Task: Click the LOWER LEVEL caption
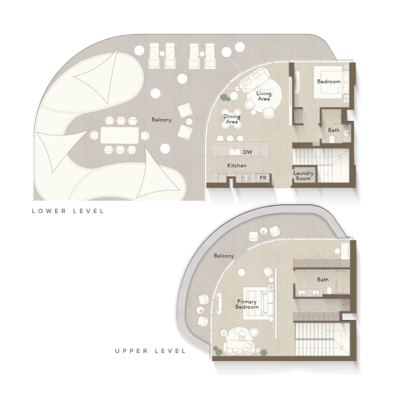(x=68, y=211)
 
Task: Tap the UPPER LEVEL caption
(x=150, y=351)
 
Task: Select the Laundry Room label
(x=303, y=175)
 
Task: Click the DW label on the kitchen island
(x=247, y=151)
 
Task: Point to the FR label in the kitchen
(x=262, y=177)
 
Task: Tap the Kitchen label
(x=236, y=165)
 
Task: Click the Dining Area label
(x=231, y=119)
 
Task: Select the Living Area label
(x=263, y=96)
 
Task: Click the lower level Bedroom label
(x=328, y=81)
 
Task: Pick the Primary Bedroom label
(x=247, y=304)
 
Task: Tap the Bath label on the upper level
(x=323, y=279)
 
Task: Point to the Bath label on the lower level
(x=333, y=130)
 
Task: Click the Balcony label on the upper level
(x=223, y=256)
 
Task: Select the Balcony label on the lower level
(x=161, y=119)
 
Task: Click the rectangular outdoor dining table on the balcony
(x=119, y=135)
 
